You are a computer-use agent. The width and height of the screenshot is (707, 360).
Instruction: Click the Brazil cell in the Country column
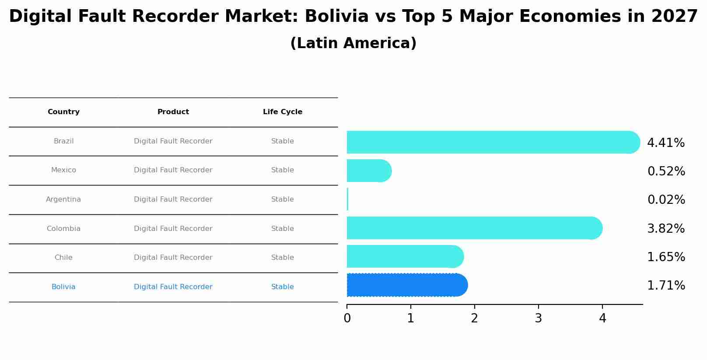(x=63, y=141)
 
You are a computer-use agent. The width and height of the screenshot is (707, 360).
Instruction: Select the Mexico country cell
(x=63, y=170)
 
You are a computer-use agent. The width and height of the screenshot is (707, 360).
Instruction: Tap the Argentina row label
(x=63, y=199)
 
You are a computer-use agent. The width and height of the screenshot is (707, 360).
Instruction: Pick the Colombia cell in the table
(x=63, y=229)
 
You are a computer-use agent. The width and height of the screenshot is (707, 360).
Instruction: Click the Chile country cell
(x=63, y=258)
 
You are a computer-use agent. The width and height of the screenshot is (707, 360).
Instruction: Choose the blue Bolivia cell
(x=63, y=287)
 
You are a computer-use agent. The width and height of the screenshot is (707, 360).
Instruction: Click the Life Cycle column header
(x=283, y=112)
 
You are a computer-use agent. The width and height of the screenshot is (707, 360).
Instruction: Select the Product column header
(x=173, y=112)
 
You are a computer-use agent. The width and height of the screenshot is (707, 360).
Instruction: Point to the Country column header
(x=63, y=112)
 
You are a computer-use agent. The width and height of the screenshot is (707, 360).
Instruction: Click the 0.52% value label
(x=666, y=171)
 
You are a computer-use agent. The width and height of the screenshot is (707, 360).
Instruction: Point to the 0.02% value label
(x=666, y=200)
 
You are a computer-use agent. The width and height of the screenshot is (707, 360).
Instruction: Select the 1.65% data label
(x=666, y=257)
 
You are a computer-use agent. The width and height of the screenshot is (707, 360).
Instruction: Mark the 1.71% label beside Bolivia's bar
(x=666, y=286)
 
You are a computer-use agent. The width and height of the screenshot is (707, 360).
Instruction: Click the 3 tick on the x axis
(x=538, y=318)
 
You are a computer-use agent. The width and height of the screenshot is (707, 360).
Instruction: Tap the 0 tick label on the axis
(x=347, y=318)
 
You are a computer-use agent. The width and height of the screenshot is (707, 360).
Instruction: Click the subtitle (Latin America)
(x=353, y=43)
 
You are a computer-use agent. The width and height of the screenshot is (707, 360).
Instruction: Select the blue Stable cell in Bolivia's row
(x=283, y=287)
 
